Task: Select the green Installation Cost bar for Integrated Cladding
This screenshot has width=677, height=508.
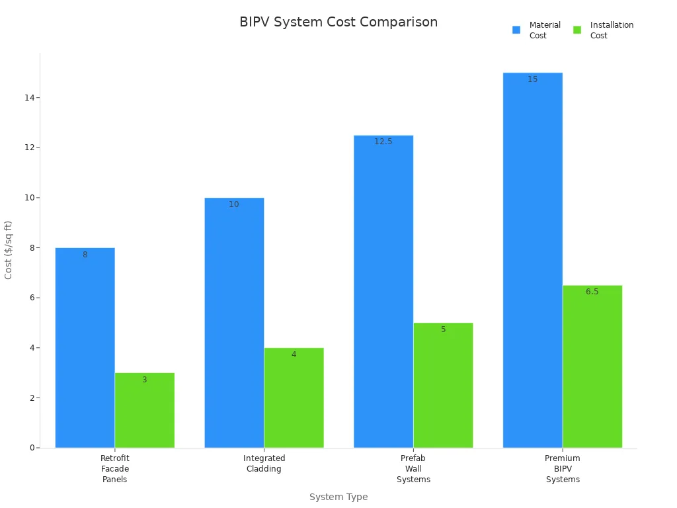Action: pos(294,398)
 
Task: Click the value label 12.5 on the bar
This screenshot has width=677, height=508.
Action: pos(383,142)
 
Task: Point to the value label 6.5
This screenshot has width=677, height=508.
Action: pos(592,292)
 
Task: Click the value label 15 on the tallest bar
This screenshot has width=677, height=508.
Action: pos(533,79)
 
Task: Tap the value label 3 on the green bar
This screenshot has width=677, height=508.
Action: pos(144,380)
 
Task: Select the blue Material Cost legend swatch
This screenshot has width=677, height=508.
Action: pos(516,30)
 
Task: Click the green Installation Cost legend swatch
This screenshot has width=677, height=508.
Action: pos(577,30)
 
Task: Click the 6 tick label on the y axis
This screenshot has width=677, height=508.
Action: pos(31,298)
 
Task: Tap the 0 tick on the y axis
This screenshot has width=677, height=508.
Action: pos(31,448)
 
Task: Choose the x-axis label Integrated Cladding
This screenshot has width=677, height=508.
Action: pos(264,464)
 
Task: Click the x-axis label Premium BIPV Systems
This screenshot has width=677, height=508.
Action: pos(563,469)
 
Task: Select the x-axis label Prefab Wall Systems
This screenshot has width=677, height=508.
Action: pos(413,469)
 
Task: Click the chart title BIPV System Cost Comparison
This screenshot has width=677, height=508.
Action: pos(338,22)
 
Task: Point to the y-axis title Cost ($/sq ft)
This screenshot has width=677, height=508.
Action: pos(9,250)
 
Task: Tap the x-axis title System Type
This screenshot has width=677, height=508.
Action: pos(338,497)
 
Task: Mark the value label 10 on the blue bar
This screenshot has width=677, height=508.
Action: pos(234,204)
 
